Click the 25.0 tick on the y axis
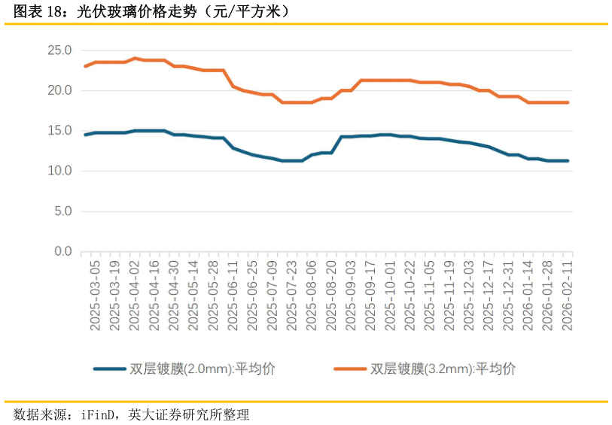(x=59, y=51)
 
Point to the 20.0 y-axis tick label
(x=59, y=91)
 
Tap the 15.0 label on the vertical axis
(x=59, y=131)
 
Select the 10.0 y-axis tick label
(x=59, y=172)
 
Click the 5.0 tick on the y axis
(x=62, y=211)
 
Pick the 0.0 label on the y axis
(x=62, y=251)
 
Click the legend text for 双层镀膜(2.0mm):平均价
(x=202, y=369)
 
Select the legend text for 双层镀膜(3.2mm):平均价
(x=443, y=369)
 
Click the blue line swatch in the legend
(x=109, y=369)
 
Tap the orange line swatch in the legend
(x=350, y=369)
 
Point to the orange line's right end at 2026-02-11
(x=568, y=102)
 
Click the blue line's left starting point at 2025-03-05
(x=85, y=135)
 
